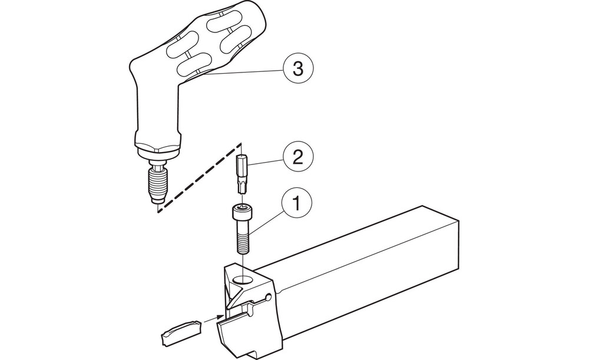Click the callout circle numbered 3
(x=297, y=69)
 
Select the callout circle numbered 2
(x=297, y=157)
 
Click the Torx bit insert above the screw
(x=242, y=174)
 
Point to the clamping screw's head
(x=241, y=212)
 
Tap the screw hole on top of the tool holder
(x=243, y=280)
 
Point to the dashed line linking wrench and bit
(x=199, y=177)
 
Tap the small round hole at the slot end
(x=267, y=297)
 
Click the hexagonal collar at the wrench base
(x=158, y=147)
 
